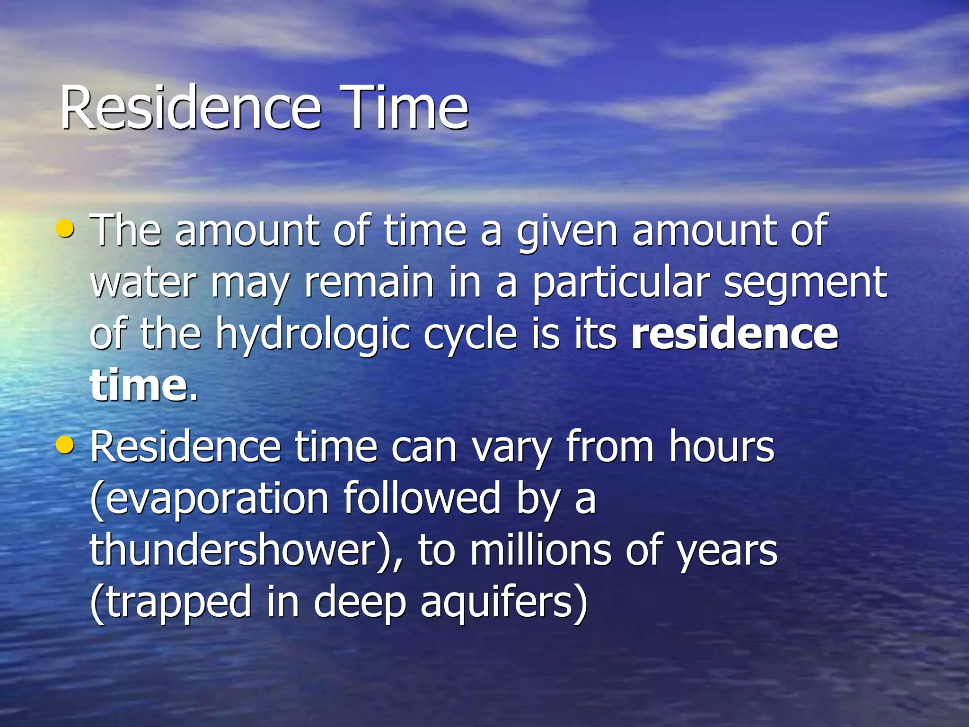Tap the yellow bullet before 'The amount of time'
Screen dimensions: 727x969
coord(65,229)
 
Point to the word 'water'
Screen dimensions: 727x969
coord(143,283)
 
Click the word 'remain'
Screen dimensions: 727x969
coord(369,283)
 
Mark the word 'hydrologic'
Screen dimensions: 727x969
coord(313,335)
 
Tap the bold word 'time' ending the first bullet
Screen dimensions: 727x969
coord(139,385)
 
